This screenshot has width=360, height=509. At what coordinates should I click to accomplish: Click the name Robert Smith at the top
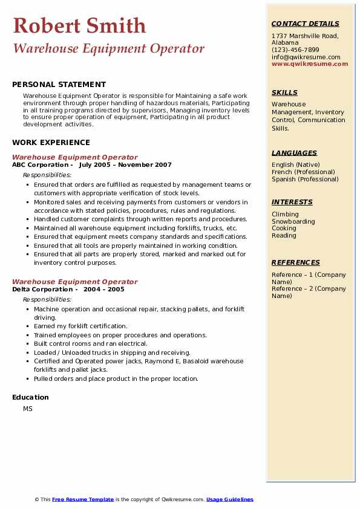click(79, 25)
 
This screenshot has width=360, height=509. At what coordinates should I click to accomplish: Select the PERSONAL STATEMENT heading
click(59, 85)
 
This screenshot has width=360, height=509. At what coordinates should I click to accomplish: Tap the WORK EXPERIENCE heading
click(51, 143)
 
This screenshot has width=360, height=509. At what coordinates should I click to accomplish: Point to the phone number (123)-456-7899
click(295, 50)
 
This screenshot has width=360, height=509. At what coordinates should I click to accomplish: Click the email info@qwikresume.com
click(306, 57)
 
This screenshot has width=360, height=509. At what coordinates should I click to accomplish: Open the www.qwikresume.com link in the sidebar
click(310, 63)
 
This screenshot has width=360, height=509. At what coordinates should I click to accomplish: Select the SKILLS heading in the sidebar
click(284, 92)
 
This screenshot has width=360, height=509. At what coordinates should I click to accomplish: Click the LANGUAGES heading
click(294, 153)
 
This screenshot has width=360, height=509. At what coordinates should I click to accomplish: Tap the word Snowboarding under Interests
click(293, 221)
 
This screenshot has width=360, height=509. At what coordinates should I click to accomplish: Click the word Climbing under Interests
click(285, 214)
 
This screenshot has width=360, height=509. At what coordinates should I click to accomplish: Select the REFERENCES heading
click(296, 262)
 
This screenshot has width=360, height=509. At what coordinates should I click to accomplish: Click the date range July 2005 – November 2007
click(125, 165)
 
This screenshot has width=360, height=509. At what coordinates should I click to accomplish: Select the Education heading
click(30, 397)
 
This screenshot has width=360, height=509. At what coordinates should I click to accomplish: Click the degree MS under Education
click(28, 409)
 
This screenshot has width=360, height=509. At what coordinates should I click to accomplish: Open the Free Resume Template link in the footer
click(83, 499)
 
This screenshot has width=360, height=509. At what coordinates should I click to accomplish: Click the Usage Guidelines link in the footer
click(229, 499)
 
